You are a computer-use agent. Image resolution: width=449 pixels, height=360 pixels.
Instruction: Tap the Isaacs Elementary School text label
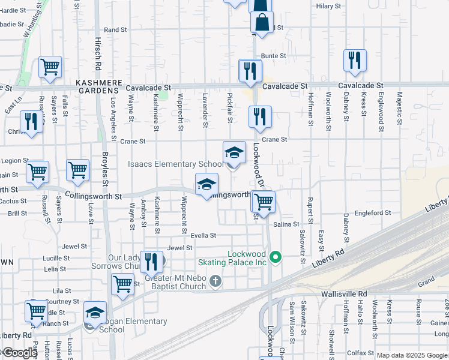click(x=175, y=164)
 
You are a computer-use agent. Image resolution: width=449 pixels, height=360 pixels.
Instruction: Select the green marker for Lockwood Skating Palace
click(x=276, y=258)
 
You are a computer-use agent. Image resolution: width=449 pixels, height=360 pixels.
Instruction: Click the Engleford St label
click(x=373, y=212)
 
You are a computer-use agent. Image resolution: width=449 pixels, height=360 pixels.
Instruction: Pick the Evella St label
click(x=203, y=236)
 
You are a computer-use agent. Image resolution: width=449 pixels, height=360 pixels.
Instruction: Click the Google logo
click(x=19, y=352)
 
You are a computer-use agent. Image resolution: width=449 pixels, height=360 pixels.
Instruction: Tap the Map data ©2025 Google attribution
click(x=412, y=355)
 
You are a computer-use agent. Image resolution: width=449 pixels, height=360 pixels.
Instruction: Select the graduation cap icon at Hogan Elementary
click(x=95, y=312)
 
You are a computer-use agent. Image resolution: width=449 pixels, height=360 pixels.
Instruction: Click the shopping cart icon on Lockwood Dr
click(x=263, y=201)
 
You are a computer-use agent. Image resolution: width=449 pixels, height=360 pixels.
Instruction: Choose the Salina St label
click(x=286, y=224)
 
